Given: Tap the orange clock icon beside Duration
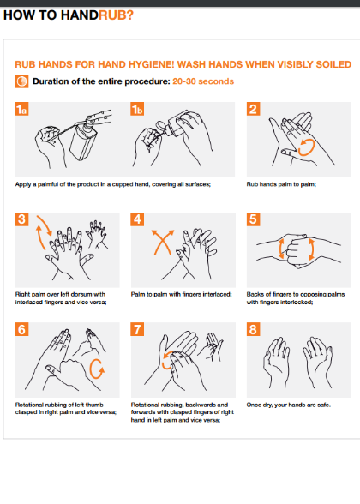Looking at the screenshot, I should click(x=21, y=81).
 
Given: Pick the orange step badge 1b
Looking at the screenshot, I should click(x=138, y=109).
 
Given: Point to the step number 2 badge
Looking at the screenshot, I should click(x=253, y=109).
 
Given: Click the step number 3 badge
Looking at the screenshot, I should click(x=22, y=219).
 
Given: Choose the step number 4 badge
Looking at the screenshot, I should click(x=137, y=219).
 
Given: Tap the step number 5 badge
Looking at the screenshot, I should click(x=253, y=219).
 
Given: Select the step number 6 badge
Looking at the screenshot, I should click(x=22, y=328).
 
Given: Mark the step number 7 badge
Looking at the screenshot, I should click(x=137, y=328).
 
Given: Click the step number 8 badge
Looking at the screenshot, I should click(x=253, y=328).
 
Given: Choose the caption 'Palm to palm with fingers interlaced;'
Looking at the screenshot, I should click(x=181, y=294).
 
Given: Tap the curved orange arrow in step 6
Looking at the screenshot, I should click(x=97, y=370).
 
